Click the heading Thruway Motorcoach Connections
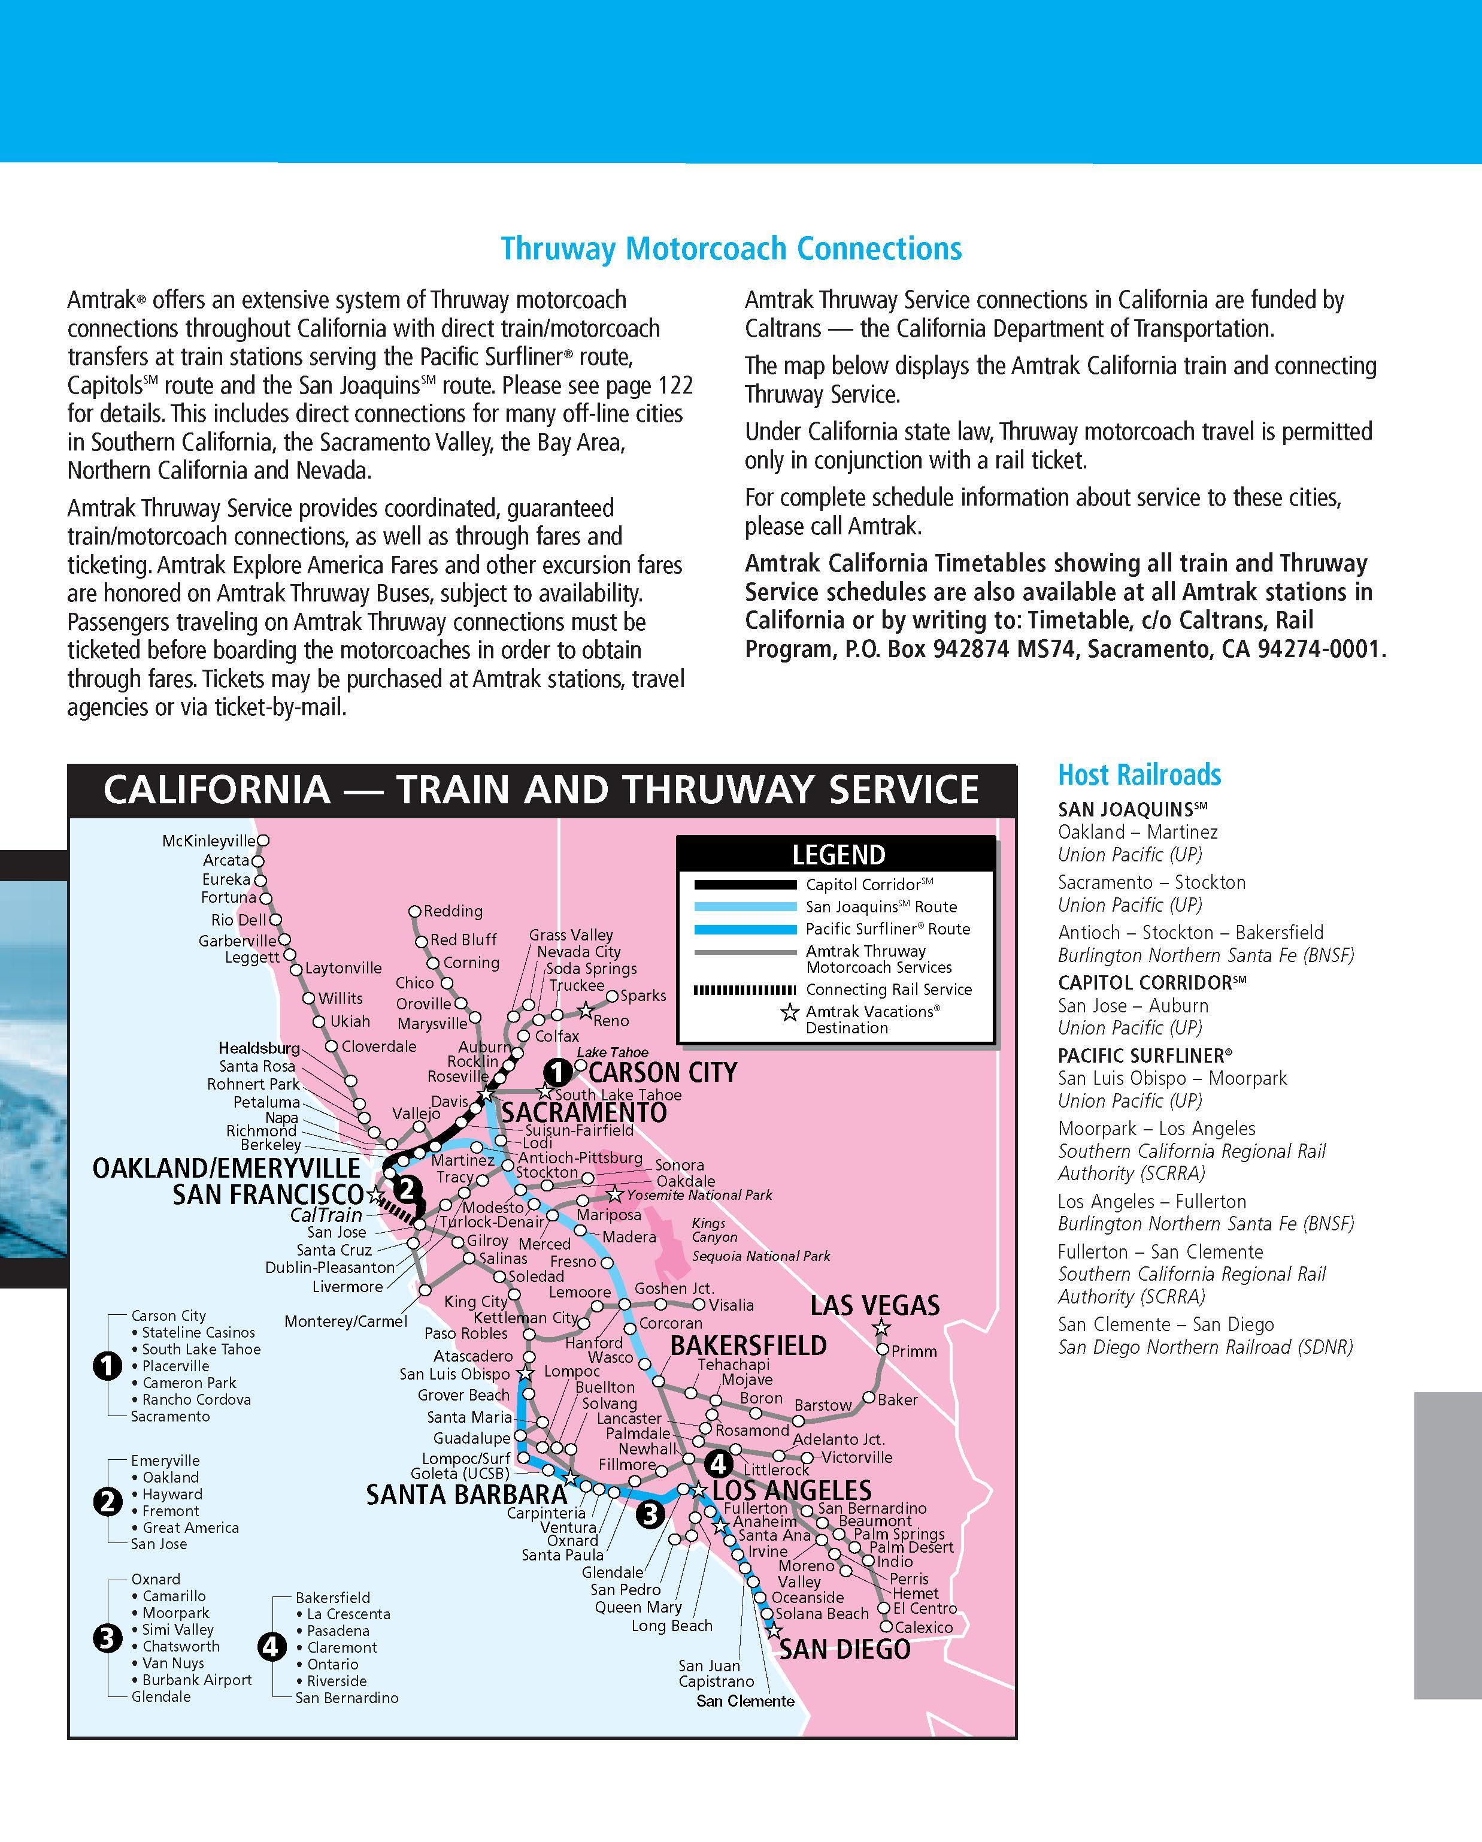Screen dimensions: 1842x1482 pos(731,249)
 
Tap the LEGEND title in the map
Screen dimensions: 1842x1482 pos(838,854)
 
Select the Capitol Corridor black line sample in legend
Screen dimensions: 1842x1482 pos(744,884)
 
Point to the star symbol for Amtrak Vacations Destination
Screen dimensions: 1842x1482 pos(790,1014)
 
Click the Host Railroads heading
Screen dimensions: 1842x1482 pos(1139,775)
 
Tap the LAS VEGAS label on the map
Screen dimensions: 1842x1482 pos(875,1305)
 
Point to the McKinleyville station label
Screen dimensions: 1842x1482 pos(208,842)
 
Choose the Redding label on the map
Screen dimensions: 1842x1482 pos(453,912)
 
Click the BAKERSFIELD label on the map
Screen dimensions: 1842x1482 pos(748,1345)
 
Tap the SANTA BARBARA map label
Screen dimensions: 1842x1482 pos(466,1495)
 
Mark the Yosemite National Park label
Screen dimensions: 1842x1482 pos(699,1195)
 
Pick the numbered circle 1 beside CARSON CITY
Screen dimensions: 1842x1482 pos(557,1072)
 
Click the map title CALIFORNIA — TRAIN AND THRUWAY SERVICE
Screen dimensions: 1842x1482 pos(541,790)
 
